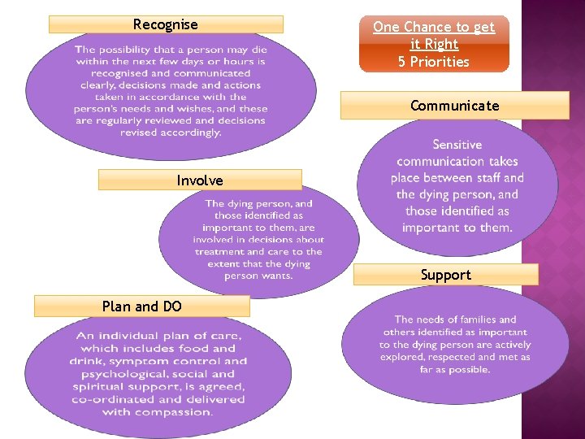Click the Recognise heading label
tap(166, 24)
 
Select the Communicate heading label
tap(454, 106)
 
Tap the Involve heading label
tap(200, 180)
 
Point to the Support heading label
tap(445, 275)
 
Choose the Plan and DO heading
tap(142, 306)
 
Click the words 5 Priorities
tap(434, 62)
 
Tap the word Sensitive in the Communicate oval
tap(457, 145)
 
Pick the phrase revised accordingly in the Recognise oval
tap(171, 133)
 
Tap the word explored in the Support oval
tap(404, 357)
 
